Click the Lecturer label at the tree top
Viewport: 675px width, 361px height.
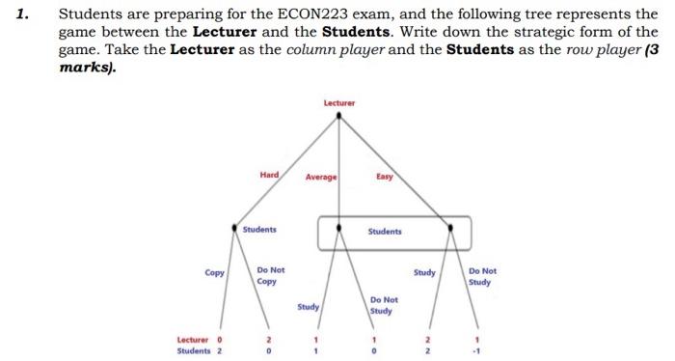point(338,102)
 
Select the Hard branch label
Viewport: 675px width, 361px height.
point(269,175)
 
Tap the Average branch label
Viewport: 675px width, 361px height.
point(321,178)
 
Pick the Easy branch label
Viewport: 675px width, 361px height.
point(384,177)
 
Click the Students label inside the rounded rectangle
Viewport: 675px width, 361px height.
point(385,232)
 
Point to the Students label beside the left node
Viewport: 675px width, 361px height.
point(259,230)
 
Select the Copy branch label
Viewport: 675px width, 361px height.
point(215,272)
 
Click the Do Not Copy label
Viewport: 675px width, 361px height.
point(270,276)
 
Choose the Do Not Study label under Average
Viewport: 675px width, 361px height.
point(382,306)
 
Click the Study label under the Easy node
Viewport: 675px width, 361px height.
point(425,272)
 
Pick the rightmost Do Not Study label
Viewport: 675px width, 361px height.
point(482,277)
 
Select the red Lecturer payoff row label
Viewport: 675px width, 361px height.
point(193,339)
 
